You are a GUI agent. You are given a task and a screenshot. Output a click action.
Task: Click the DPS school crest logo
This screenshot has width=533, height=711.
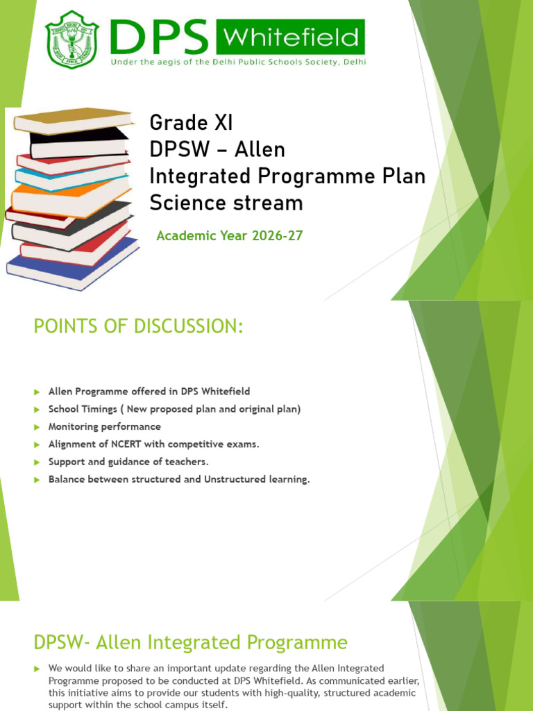[x=71, y=39]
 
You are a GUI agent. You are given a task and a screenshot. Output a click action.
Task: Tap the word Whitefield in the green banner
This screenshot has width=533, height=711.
[x=291, y=37]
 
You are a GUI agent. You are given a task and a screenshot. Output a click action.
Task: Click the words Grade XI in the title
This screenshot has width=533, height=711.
[x=191, y=122]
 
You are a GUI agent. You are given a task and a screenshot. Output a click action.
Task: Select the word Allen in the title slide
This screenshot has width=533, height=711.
[x=260, y=149]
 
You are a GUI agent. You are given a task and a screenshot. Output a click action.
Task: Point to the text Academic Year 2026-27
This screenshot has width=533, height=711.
[x=229, y=236]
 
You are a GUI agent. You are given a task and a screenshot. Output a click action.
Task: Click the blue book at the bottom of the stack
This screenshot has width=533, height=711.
[x=72, y=265]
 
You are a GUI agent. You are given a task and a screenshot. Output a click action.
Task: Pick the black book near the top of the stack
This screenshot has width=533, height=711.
[x=79, y=143]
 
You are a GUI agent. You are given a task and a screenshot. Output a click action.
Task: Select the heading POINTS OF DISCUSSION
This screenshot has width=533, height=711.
[x=139, y=326]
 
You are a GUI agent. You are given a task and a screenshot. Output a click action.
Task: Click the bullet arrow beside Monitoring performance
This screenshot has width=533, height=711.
[x=37, y=427]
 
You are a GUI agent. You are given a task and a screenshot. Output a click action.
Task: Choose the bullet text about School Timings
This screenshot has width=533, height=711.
[x=174, y=409]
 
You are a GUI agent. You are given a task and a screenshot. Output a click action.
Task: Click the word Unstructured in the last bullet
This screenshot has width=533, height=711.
[x=235, y=479]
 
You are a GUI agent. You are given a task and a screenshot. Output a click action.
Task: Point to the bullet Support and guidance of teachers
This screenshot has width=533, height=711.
[x=128, y=462]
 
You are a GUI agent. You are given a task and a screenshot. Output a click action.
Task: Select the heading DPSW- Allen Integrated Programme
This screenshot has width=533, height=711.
[x=191, y=642]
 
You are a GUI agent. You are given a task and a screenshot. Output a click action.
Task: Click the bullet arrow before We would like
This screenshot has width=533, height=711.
[x=37, y=669]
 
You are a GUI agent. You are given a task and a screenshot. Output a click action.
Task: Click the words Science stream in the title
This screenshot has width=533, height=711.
[x=226, y=203]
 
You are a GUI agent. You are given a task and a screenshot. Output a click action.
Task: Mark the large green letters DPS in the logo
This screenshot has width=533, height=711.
[x=159, y=37]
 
